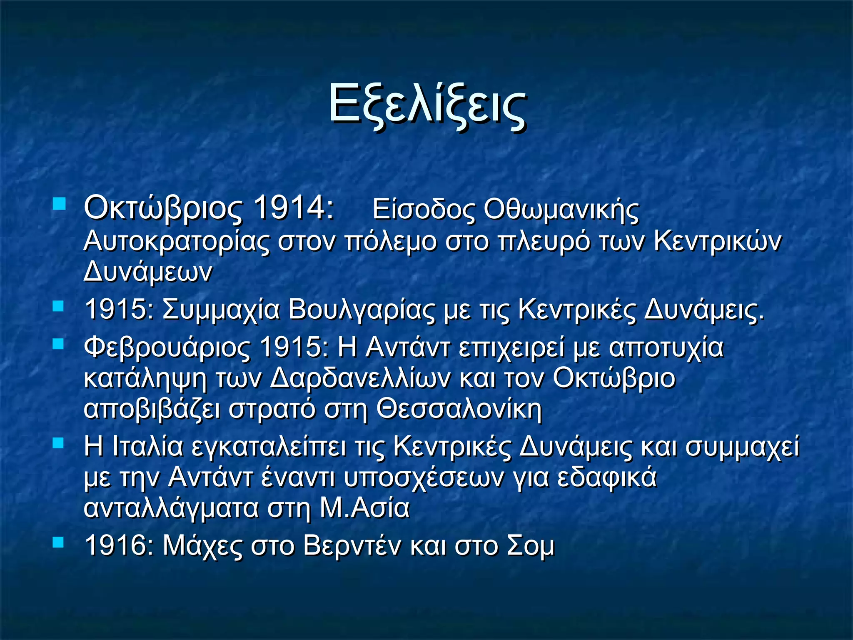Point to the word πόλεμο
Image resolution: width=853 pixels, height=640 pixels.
(391, 242)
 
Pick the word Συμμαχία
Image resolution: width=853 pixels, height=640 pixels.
(221, 310)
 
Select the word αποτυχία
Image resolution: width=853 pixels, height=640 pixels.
(666, 347)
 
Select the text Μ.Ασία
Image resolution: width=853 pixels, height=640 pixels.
(365, 508)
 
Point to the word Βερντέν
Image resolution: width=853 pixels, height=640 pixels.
(352, 545)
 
